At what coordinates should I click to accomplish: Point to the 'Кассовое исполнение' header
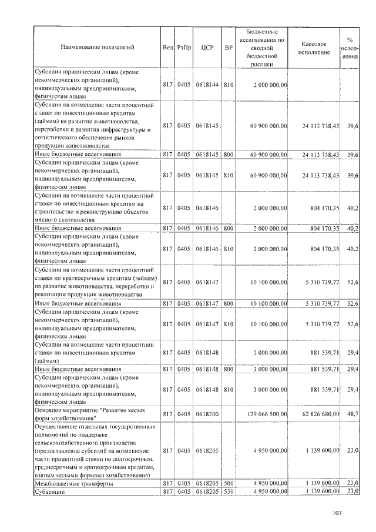314,48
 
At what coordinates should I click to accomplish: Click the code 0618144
207,85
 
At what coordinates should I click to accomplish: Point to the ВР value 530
229,490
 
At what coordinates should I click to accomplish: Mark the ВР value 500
229,483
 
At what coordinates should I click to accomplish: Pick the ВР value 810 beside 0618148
229,389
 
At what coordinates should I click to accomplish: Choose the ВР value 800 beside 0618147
229,303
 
